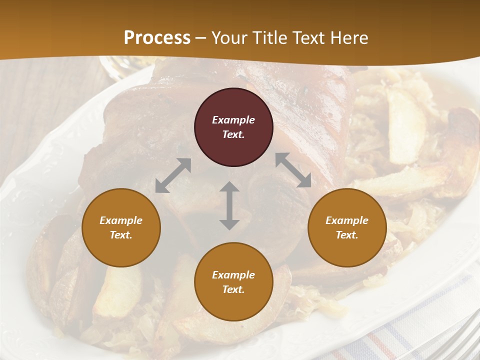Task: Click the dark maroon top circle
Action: pos(233,127)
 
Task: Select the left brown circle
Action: pos(121,227)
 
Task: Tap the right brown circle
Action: pos(347,227)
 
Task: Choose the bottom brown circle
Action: pos(233,282)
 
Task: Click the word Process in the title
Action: pos(157,37)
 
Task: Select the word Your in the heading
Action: pos(228,38)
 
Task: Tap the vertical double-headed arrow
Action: pos(229,205)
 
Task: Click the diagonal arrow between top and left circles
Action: pos(173,175)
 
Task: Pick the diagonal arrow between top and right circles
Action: pos(293,169)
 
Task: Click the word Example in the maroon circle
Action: pos(233,120)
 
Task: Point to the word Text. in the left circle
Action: pos(121,235)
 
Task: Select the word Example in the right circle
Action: pos(347,220)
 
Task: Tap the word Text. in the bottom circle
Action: pos(233,289)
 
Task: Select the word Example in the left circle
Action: pos(121,220)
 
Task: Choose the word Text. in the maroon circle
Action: pos(233,134)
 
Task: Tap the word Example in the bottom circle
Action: pos(233,275)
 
